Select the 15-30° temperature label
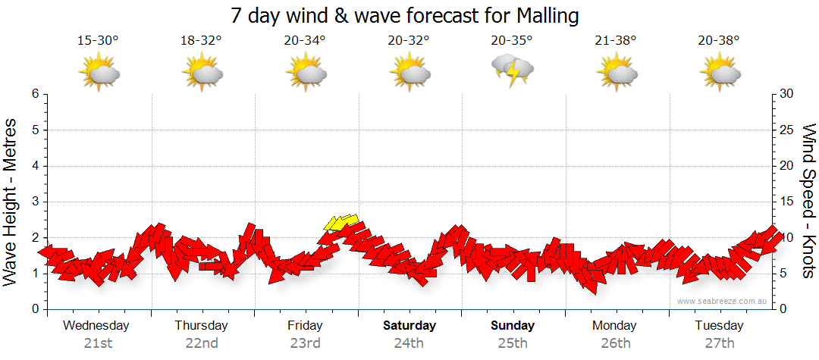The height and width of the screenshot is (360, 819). tap(99, 40)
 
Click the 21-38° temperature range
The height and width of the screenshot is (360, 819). tap(616, 40)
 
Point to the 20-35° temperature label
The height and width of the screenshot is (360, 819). tap(512, 40)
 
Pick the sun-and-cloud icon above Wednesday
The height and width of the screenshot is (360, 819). tap(99, 74)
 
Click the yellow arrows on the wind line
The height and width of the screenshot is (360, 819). tap(341, 222)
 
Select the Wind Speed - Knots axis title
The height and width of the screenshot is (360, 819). tap(807, 202)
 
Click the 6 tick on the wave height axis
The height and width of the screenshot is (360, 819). tap(34, 94)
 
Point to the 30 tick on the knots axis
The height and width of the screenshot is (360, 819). tap(788, 94)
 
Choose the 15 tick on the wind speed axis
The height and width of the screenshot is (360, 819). tap(788, 202)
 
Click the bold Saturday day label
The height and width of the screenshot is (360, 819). tap(409, 326)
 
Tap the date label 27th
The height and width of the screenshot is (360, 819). tap(720, 343)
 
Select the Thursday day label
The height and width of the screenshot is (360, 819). tap(201, 326)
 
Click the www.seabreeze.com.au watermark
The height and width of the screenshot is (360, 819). tap(723, 301)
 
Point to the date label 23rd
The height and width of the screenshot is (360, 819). tap(305, 343)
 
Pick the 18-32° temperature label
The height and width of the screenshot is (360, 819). tap(201, 40)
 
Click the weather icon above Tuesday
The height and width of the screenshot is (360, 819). tap(720, 74)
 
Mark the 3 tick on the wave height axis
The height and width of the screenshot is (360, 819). tap(34, 202)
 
